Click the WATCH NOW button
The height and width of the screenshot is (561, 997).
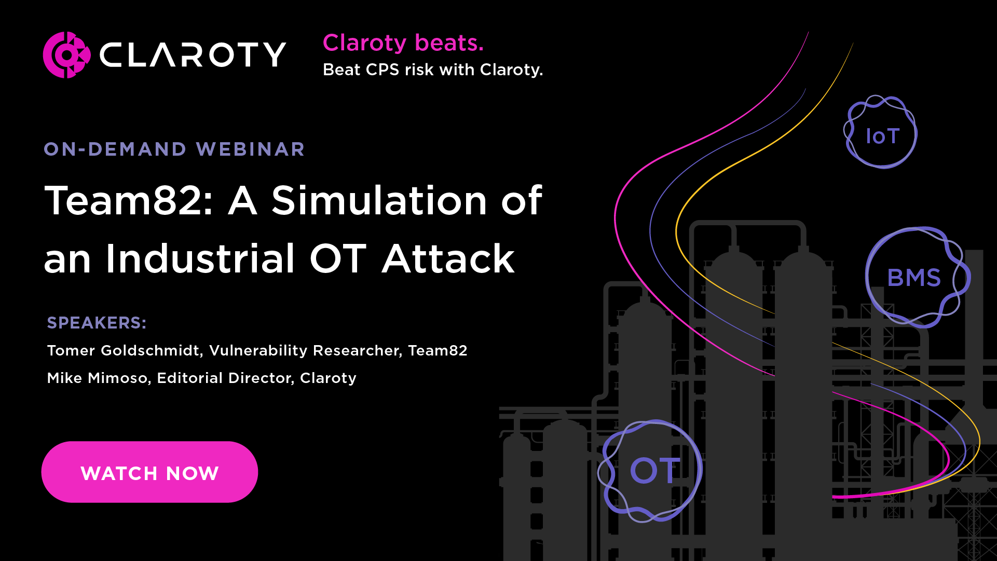pos(149,472)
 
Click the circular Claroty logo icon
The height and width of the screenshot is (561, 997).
pos(66,55)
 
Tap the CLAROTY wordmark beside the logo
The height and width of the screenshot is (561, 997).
pos(193,55)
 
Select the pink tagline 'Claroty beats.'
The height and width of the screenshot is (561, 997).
pos(403,43)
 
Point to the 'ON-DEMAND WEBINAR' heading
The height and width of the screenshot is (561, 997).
pos(174,149)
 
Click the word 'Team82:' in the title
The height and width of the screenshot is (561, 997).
pos(129,200)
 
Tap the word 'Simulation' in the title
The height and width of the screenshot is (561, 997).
pos(379,200)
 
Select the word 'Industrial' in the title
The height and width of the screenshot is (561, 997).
pos(200,258)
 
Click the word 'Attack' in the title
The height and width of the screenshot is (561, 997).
pos(448,258)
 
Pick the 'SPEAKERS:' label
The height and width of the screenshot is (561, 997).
pos(97,323)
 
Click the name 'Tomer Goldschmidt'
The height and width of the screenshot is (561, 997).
pos(124,351)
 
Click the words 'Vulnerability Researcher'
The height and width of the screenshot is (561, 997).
pos(305,351)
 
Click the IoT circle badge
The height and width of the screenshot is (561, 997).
pos(881,133)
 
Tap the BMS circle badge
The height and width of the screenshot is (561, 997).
pos(915,278)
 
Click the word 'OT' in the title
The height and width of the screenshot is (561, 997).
pos(338,258)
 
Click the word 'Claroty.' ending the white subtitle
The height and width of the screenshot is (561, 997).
pos(511,70)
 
